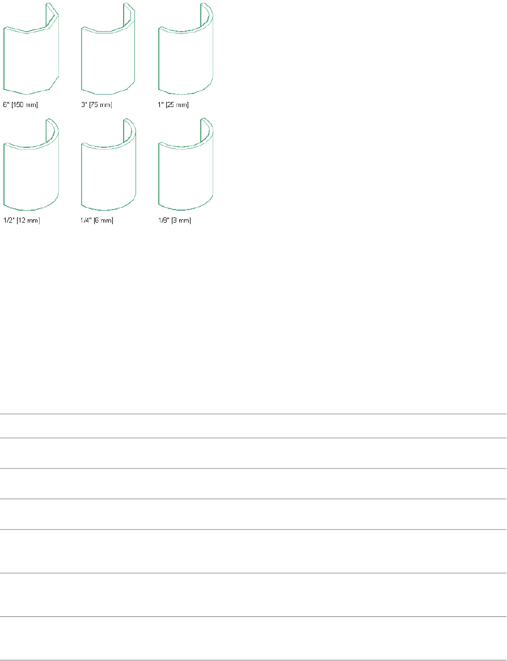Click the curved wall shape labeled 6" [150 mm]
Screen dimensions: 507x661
coord(31,57)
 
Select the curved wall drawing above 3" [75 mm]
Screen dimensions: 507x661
coord(108,57)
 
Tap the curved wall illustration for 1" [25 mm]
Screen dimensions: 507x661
coord(185,57)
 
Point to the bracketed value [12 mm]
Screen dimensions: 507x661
coord(28,220)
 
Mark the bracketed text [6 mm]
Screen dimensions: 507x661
coord(104,220)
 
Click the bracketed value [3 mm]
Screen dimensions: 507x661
coord(181,220)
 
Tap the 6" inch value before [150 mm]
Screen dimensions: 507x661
coord(7,105)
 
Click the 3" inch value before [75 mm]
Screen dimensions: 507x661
coord(84,105)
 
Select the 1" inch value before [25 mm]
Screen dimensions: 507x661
coord(161,105)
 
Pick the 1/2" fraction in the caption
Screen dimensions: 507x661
coord(9,220)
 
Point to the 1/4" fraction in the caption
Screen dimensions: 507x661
coord(86,220)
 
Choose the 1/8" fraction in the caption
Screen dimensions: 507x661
coord(163,220)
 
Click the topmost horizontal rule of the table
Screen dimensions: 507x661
coord(253,414)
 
